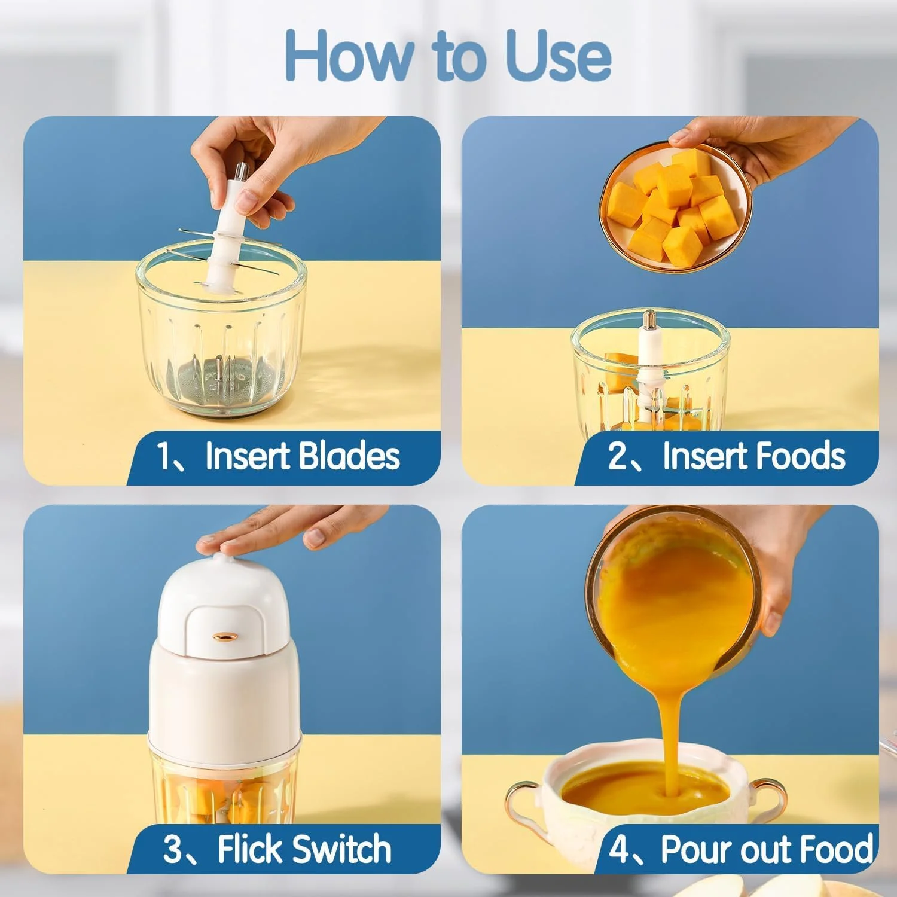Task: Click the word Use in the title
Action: tap(558, 55)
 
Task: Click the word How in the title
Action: tap(348, 55)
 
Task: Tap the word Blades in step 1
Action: tap(349, 456)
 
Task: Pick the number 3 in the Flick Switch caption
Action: tap(172, 849)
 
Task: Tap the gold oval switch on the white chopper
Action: tap(224, 637)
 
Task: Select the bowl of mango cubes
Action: tap(675, 208)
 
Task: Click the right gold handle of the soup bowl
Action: tap(768, 798)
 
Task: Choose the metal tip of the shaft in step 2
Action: tap(649, 318)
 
